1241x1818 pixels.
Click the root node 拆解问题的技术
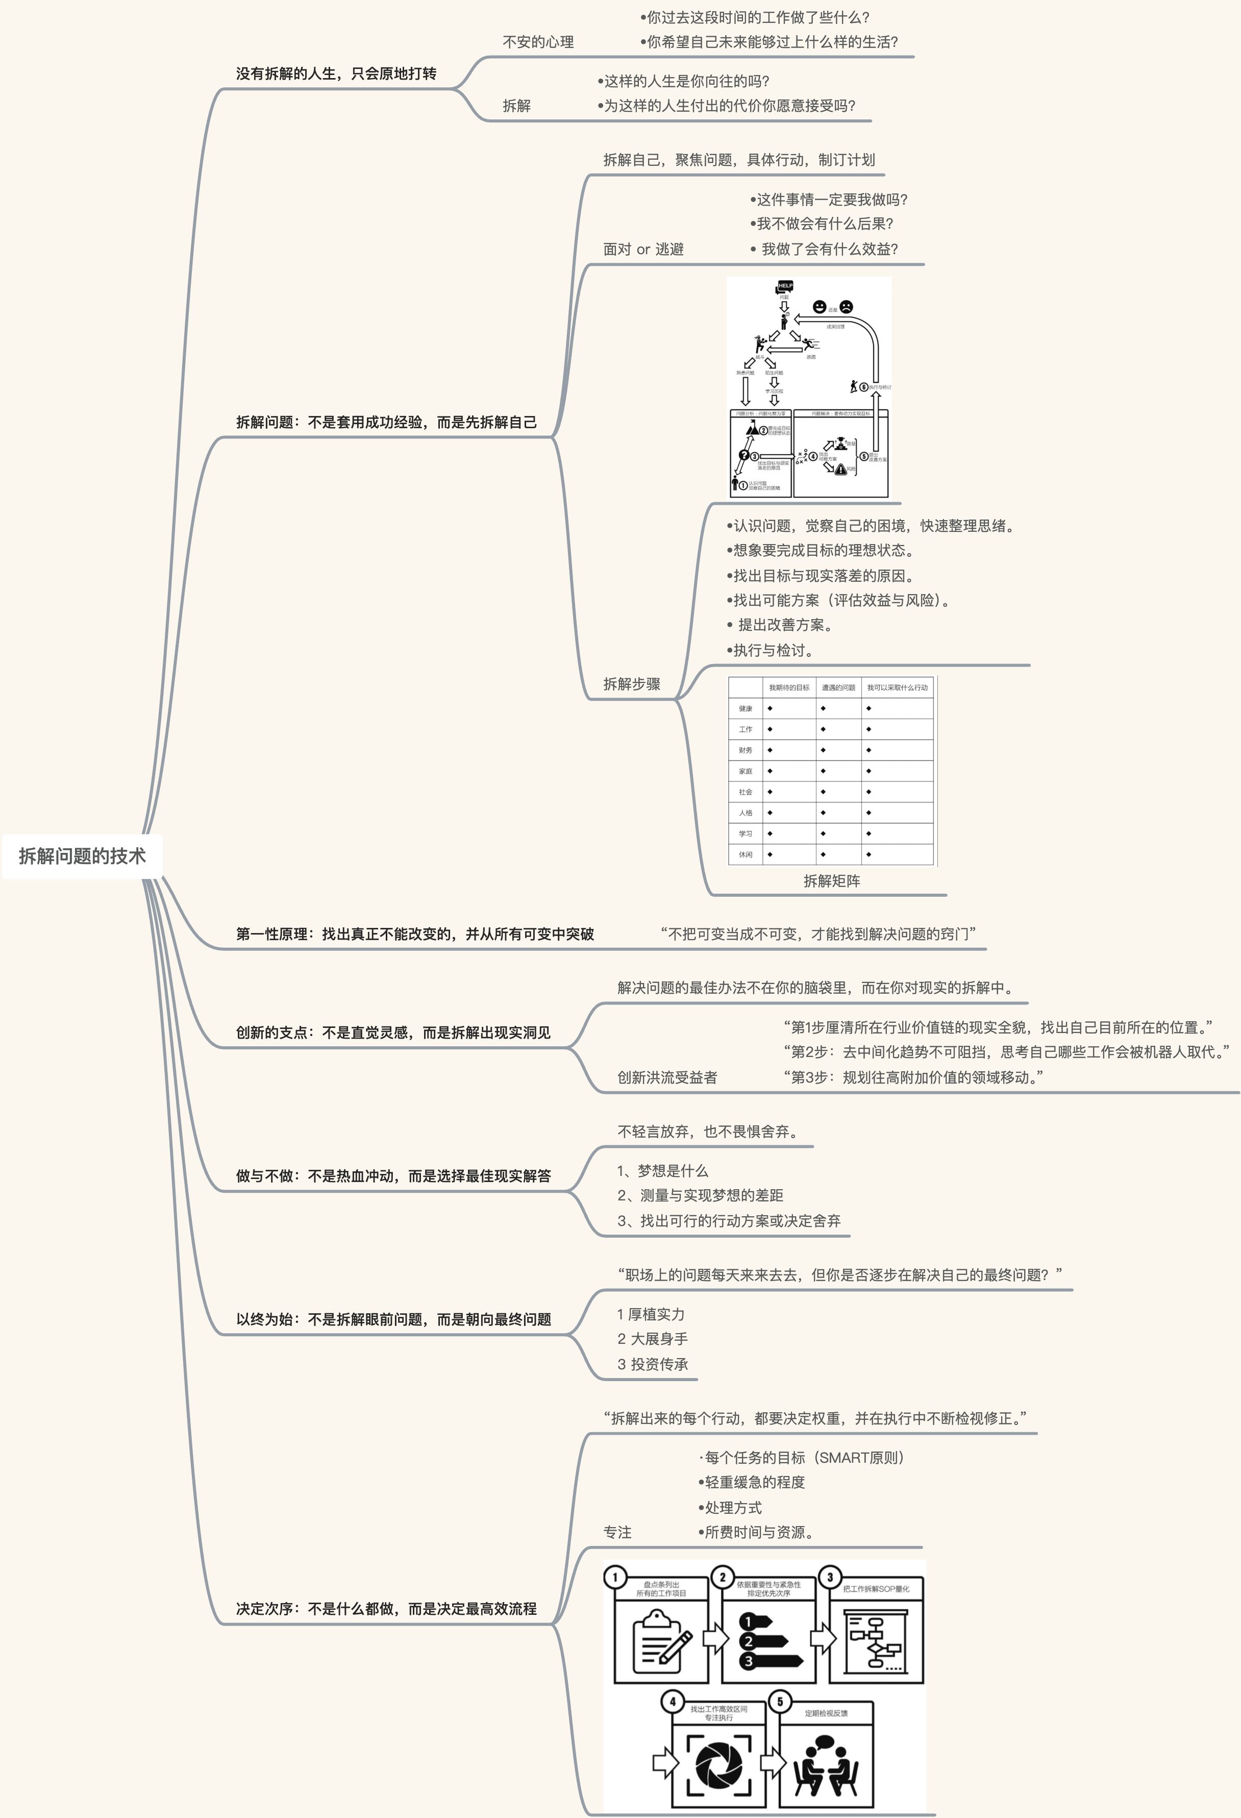tap(82, 856)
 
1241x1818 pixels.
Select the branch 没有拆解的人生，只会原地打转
tap(336, 73)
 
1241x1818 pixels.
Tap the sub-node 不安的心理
tap(538, 42)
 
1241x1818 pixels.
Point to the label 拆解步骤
tap(632, 684)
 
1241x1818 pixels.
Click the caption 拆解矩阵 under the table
tap(831, 881)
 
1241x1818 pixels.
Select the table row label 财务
tap(745, 750)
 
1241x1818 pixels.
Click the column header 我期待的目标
tap(788, 687)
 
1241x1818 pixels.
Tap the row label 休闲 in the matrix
tap(745, 854)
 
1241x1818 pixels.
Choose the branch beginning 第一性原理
tap(414, 934)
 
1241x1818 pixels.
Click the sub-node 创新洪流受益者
tap(667, 1077)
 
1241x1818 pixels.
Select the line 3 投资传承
tap(653, 1364)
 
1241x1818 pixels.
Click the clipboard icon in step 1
tap(661, 1637)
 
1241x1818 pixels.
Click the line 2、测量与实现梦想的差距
tap(700, 1195)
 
